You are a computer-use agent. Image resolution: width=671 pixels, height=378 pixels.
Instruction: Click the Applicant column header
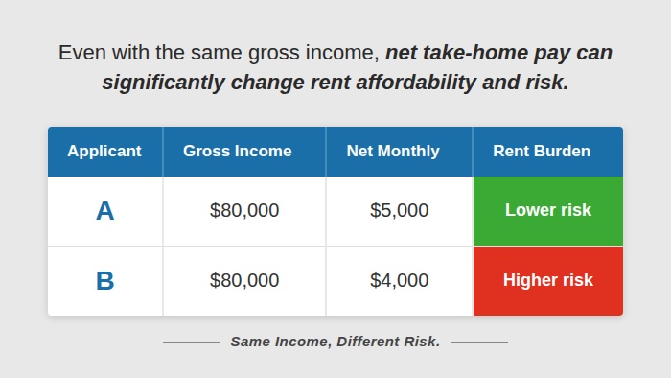pos(104,151)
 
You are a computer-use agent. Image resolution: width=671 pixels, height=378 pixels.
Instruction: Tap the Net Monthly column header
pos(393,151)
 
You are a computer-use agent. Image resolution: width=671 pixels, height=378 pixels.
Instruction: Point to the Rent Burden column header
pos(542,151)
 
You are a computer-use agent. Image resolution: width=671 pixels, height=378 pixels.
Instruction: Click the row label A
pos(104,211)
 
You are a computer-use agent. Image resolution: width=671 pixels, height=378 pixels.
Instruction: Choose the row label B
pos(104,281)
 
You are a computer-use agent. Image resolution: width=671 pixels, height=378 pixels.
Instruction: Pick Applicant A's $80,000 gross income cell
pos(244,211)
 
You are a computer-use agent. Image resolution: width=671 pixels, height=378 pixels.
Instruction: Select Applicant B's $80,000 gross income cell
pos(244,281)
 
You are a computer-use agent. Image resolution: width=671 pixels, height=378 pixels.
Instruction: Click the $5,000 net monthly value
pos(399,211)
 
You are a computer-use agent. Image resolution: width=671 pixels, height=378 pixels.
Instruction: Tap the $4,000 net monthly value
pos(399,281)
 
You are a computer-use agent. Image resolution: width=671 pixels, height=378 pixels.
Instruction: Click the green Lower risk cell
pos(547,211)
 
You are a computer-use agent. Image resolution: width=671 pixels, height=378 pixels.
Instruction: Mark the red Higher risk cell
pos(547,280)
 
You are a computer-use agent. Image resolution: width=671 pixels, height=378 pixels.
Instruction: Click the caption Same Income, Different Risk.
pos(335,342)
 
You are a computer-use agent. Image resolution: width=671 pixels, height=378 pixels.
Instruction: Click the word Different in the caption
pos(371,342)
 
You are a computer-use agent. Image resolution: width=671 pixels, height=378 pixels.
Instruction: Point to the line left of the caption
pos(191,342)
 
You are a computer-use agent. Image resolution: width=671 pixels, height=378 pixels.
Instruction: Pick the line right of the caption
pos(478,342)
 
